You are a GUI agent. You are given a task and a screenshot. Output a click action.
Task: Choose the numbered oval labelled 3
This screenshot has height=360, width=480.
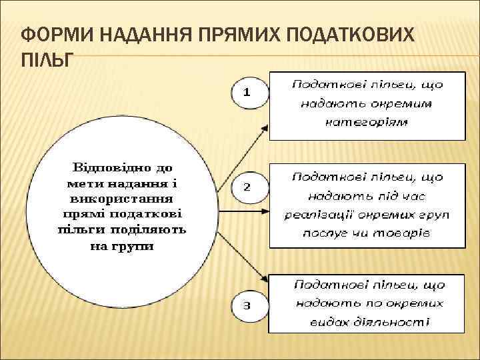point(246,306)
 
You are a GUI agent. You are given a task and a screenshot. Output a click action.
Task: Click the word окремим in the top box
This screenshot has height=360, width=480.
point(405,103)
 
